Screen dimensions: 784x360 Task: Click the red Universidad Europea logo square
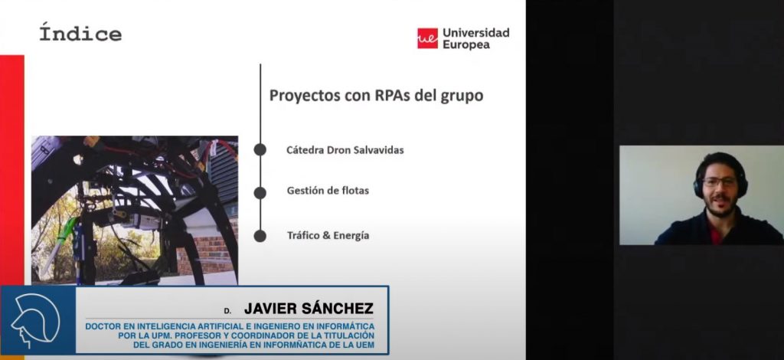click(427, 38)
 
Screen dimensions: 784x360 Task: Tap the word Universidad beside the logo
click(476, 33)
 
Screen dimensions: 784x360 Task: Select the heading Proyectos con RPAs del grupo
click(377, 96)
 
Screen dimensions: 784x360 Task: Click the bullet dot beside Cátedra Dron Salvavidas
click(260, 149)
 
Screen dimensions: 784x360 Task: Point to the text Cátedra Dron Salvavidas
click(345, 150)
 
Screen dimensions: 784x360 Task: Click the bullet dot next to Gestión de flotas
click(260, 193)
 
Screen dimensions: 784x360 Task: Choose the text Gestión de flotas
click(328, 191)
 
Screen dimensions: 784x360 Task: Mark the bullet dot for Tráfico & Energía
click(260, 236)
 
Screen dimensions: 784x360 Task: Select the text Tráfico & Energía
click(328, 235)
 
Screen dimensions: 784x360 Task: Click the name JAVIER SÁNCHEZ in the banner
click(309, 309)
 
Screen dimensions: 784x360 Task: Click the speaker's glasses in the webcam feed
click(720, 182)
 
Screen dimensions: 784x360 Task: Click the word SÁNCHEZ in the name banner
click(338, 309)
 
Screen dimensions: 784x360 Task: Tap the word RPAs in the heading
click(393, 95)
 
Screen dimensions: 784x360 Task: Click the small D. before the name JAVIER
click(227, 311)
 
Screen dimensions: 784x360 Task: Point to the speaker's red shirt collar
click(716, 233)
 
